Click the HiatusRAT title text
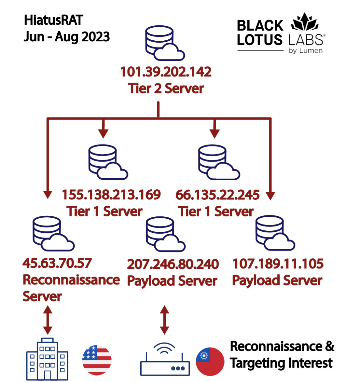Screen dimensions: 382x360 pyautogui.click(x=54, y=20)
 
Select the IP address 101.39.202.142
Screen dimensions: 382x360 pyautogui.click(x=166, y=72)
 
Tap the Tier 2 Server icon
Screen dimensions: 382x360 pyautogui.click(x=164, y=43)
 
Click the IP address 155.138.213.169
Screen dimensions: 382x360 pyautogui.click(x=111, y=195)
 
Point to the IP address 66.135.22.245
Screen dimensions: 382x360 pyautogui.click(x=217, y=195)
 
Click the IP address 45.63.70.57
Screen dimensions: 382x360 pyautogui.click(x=57, y=263)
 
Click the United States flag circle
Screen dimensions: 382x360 pyautogui.click(x=97, y=360)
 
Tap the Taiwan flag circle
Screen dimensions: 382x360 pyautogui.click(x=210, y=362)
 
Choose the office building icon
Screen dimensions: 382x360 pyautogui.click(x=47, y=359)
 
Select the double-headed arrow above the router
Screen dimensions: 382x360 pyautogui.click(x=165, y=320)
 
